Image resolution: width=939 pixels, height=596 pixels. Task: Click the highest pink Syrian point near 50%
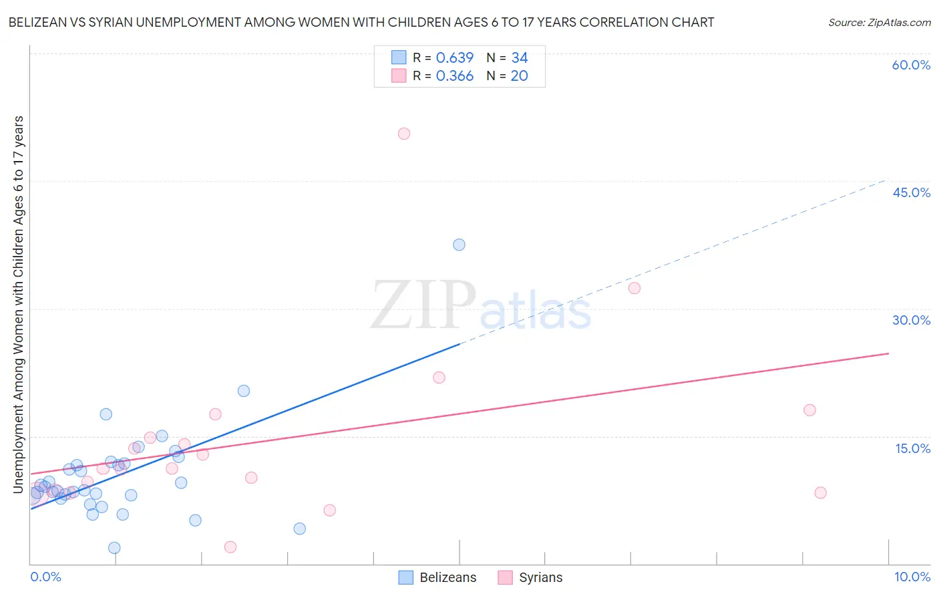[404, 134]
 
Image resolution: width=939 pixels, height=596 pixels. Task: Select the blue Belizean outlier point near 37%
[459, 245]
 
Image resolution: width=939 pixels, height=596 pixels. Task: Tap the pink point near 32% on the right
[634, 288]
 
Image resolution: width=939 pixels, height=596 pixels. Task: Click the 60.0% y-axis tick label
[911, 65]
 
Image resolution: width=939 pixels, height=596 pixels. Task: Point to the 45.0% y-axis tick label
[911, 192]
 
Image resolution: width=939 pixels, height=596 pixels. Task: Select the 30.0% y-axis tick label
[911, 320]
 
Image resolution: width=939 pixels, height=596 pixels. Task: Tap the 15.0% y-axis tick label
[912, 448]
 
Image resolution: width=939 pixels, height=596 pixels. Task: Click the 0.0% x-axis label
[45, 577]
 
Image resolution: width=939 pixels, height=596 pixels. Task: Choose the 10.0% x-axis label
[912, 577]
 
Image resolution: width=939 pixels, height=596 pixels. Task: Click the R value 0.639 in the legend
[454, 57]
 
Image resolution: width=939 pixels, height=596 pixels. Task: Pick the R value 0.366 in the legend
[454, 76]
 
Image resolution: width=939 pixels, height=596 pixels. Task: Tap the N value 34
[520, 57]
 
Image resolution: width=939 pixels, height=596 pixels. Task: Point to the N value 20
[520, 76]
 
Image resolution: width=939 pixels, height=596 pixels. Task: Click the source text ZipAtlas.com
[880, 22]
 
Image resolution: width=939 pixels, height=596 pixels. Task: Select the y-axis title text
[18, 305]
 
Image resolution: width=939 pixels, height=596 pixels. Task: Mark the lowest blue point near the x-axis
[114, 548]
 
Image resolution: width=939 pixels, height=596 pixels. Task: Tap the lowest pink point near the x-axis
[230, 547]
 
